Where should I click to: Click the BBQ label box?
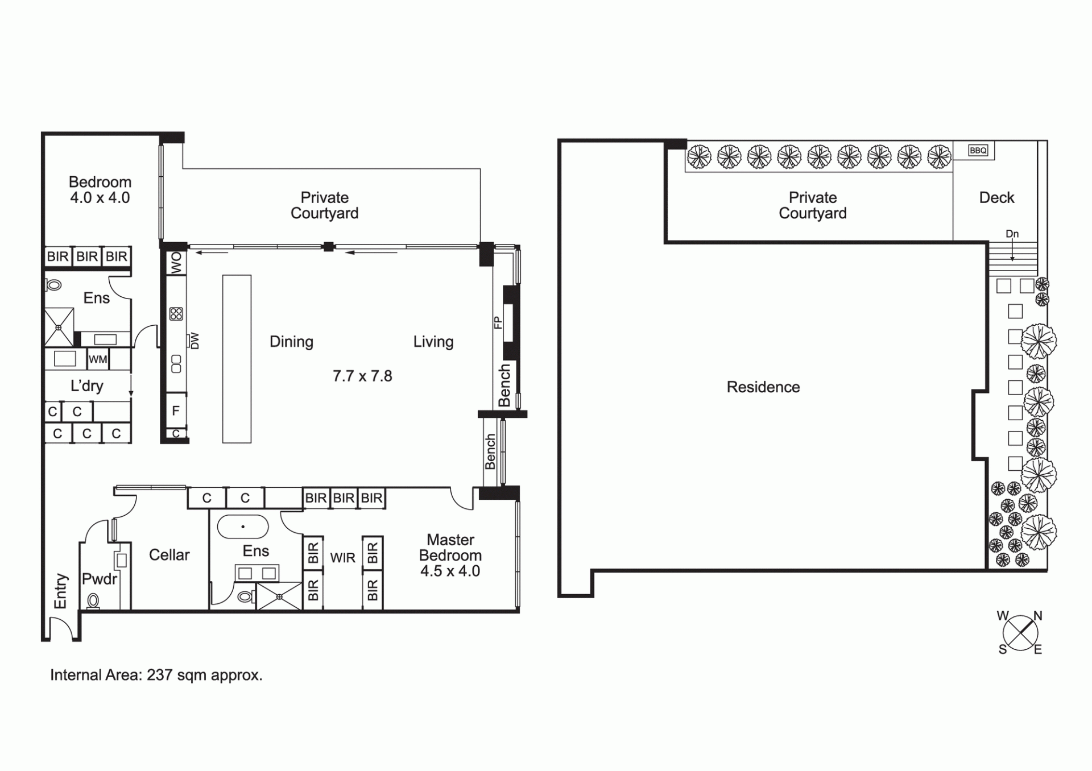pyautogui.click(x=978, y=151)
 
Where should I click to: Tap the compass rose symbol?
pyautogui.click(x=1020, y=632)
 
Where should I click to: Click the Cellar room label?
pyautogui.click(x=169, y=555)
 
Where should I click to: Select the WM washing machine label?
pyautogui.click(x=98, y=359)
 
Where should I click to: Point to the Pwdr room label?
pyautogui.click(x=100, y=579)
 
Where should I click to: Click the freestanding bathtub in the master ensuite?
pyautogui.click(x=243, y=527)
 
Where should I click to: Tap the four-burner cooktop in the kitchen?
pyautogui.click(x=176, y=314)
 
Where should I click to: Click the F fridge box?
pyautogui.click(x=176, y=411)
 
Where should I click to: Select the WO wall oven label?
pyautogui.click(x=176, y=263)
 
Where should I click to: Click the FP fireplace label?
pyautogui.click(x=498, y=323)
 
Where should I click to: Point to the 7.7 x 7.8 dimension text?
pyautogui.click(x=362, y=376)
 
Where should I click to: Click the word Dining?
pyautogui.click(x=291, y=342)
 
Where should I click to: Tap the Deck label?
pyautogui.click(x=996, y=198)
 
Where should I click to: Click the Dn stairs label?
pyautogui.click(x=1012, y=234)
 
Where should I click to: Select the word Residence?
pyautogui.click(x=763, y=387)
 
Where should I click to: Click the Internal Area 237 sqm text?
pyautogui.click(x=156, y=675)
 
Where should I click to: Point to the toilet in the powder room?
pyautogui.click(x=93, y=600)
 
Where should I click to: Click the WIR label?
pyautogui.click(x=342, y=558)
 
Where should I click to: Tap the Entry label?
pyautogui.click(x=60, y=591)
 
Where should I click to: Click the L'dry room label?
pyautogui.click(x=86, y=386)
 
